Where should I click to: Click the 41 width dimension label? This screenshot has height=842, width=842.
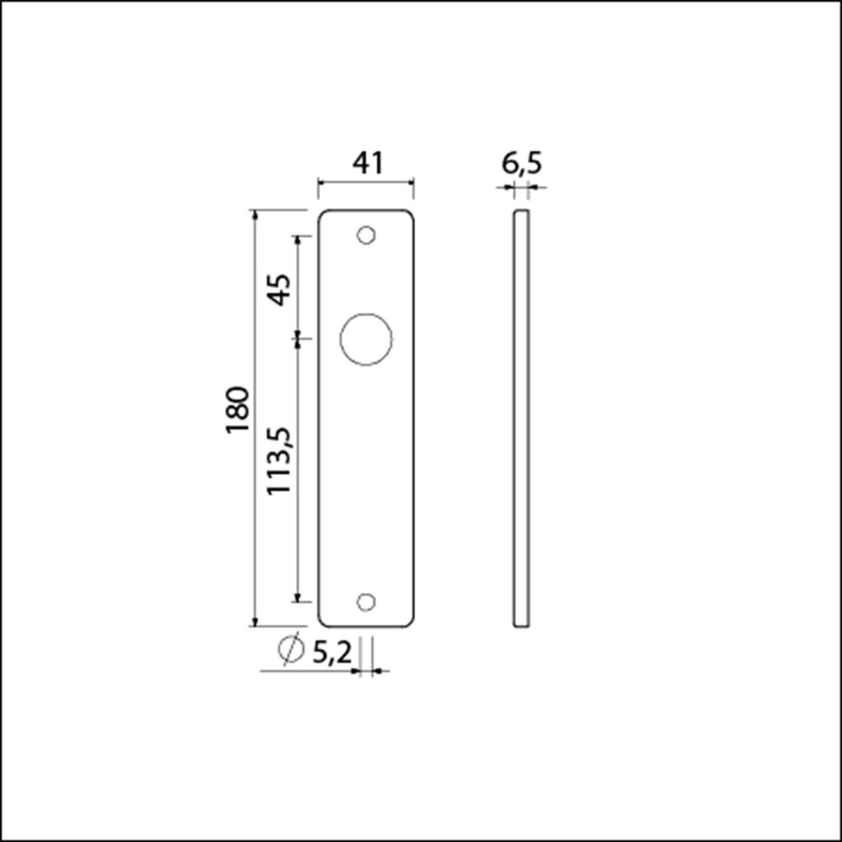(x=367, y=163)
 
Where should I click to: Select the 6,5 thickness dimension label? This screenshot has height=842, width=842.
(x=521, y=163)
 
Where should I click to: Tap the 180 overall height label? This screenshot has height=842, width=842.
(x=238, y=410)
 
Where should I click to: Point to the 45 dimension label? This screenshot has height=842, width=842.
(x=280, y=290)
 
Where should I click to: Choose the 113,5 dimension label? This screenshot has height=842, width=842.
(x=280, y=460)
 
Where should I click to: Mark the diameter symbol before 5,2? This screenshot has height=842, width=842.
(x=290, y=649)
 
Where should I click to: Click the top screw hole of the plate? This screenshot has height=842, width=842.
(x=365, y=236)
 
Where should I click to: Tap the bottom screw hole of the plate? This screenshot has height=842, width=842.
(x=365, y=601)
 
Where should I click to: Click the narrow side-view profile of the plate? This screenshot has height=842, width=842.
(x=521, y=418)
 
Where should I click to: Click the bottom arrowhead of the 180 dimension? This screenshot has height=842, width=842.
(x=255, y=621)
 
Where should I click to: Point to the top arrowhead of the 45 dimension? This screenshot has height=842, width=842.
(x=296, y=241)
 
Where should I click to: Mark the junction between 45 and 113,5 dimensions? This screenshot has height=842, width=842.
(x=296, y=339)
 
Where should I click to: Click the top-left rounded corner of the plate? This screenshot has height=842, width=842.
(x=322, y=214)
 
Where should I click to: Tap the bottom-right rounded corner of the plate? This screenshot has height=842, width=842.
(x=410, y=622)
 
